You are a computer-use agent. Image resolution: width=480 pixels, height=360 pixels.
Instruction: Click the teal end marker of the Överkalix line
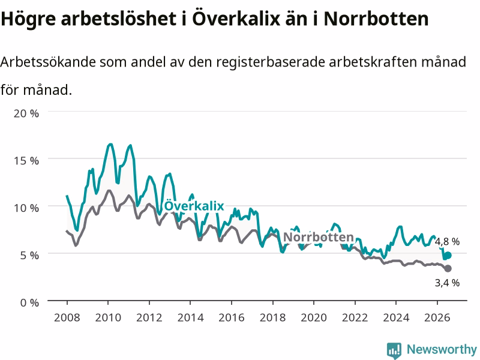click(448, 256)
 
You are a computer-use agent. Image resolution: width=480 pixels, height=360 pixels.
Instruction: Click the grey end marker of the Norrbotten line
click(448, 268)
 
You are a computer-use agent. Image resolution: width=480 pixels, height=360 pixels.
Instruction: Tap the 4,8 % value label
click(447, 242)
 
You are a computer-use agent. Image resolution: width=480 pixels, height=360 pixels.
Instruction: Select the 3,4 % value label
click(447, 283)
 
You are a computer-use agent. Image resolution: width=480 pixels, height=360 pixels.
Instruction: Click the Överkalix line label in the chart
click(194, 206)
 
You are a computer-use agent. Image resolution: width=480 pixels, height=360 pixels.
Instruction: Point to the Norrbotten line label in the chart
click(319, 237)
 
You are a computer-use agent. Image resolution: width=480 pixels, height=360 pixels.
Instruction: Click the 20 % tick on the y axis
click(26, 113)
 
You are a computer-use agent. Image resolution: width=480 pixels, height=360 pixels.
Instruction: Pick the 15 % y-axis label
click(26, 161)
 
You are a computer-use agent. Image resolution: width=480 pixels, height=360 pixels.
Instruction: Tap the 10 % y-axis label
click(26, 208)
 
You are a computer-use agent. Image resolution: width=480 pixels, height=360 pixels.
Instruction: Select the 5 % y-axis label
click(29, 256)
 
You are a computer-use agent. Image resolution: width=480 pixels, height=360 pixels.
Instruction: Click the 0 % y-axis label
click(29, 303)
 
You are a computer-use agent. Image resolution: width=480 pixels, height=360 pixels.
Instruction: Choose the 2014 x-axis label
click(190, 317)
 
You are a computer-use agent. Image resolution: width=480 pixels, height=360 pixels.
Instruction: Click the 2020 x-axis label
click(314, 317)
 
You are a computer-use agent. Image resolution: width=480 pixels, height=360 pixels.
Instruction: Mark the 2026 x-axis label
click(437, 317)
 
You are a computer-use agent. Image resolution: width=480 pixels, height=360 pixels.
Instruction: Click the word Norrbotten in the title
click(376, 19)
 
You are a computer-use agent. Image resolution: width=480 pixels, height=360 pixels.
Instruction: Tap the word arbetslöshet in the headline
click(118, 19)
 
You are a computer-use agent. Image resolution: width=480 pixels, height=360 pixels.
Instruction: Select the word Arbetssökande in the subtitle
click(48, 62)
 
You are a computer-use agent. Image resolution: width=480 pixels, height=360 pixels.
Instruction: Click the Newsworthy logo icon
click(394, 350)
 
